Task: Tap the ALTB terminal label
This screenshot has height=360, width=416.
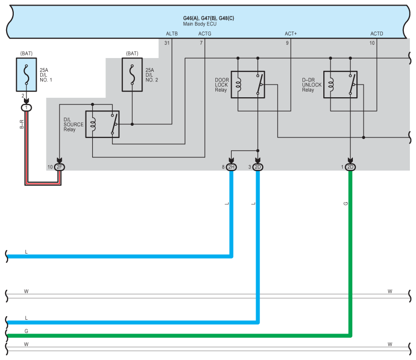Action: pos(172,34)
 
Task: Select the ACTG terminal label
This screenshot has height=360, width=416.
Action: pos(204,34)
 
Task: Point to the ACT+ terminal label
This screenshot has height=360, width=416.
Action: pos(291,34)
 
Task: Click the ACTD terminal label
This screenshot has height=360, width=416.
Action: pos(377,34)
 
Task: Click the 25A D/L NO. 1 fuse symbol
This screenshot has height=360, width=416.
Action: pos(26,74)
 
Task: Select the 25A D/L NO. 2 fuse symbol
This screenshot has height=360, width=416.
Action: pos(132,74)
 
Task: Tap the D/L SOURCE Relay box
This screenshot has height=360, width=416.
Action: pos(102,124)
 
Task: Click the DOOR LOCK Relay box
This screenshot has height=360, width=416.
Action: pos(248,85)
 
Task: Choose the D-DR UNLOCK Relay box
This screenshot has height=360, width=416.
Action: pos(341,85)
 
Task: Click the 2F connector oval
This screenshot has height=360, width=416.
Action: pos(60,167)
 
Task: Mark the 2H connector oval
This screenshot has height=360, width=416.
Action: pos(232,167)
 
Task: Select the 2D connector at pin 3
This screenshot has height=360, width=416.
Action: pos(258,167)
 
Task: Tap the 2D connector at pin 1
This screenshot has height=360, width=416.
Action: pos(350,167)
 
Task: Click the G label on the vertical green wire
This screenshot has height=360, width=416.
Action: pos(346,204)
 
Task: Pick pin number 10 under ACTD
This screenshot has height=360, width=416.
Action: pos(372,43)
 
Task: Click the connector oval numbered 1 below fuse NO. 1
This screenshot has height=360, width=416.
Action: pos(26,107)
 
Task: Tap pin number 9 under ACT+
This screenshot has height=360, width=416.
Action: pos(287,43)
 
